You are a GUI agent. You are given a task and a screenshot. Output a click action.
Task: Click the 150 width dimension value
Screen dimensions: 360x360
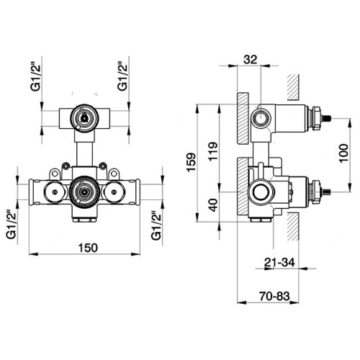(x=88, y=248)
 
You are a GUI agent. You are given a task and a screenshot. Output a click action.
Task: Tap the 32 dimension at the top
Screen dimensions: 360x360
(x=250, y=60)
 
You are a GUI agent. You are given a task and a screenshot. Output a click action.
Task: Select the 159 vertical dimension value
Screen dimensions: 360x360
(x=192, y=162)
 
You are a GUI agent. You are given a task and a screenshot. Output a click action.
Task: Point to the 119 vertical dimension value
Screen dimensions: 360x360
(x=213, y=151)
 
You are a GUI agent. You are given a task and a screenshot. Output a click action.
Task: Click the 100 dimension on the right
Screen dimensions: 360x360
(x=343, y=153)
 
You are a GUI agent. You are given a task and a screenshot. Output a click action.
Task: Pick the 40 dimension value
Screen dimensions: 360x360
(x=213, y=205)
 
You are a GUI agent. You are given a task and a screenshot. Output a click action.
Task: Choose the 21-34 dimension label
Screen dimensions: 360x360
(x=279, y=262)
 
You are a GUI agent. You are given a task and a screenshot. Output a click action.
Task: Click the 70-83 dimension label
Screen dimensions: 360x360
(x=274, y=296)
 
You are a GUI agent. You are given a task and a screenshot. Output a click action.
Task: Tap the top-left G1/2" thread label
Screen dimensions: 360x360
(x=36, y=77)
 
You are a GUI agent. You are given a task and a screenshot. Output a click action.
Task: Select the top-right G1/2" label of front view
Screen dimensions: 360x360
(x=122, y=77)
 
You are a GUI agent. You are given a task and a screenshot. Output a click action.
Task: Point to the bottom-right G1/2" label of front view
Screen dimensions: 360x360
(x=156, y=225)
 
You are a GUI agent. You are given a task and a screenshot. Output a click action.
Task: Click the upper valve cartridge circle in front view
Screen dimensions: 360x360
(x=84, y=118)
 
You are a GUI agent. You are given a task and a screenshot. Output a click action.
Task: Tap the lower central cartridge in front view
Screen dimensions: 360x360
(x=84, y=192)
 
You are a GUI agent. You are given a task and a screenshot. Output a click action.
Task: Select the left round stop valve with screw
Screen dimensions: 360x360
(x=55, y=192)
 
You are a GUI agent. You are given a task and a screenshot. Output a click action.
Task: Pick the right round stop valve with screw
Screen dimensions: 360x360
(x=114, y=192)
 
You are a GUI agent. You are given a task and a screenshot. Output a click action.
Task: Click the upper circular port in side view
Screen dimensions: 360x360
(x=261, y=119)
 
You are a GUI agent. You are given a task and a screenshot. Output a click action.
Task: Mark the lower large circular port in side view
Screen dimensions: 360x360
(x=261, y=192)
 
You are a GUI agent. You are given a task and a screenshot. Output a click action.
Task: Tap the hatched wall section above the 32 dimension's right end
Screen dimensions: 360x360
(x=293, y=87)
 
